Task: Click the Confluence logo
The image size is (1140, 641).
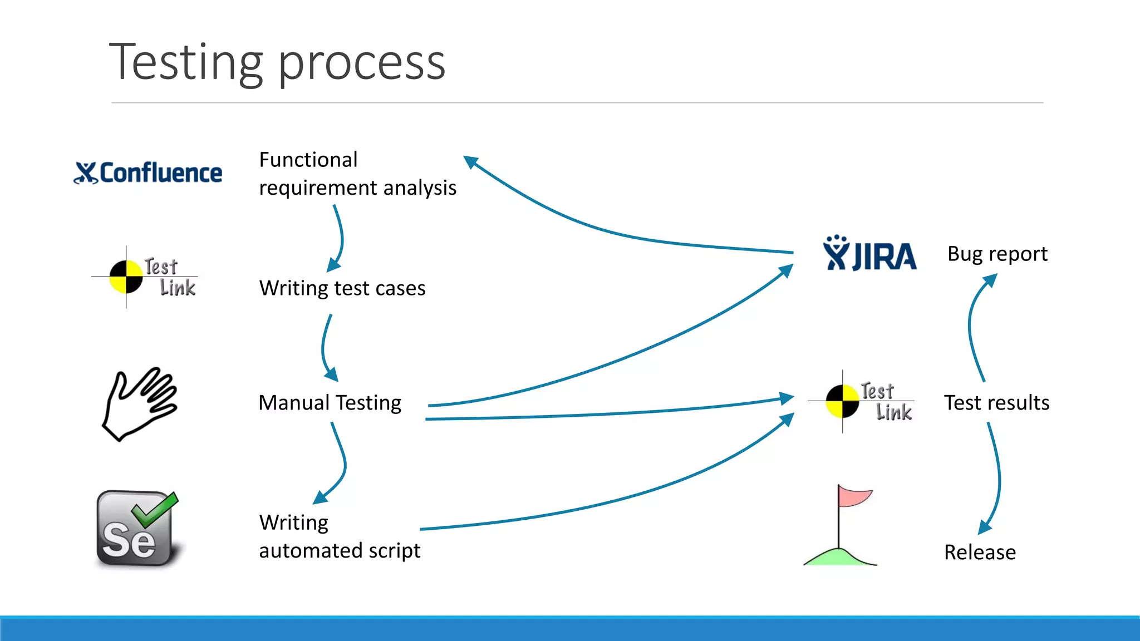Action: [148, 172]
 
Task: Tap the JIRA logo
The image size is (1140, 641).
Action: [869, 255]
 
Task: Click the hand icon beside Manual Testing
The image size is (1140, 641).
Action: [139, 404]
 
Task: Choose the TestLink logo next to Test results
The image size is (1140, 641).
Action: [861, 401]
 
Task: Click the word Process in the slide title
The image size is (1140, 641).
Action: [361, 63]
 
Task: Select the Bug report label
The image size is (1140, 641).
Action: [997, 254]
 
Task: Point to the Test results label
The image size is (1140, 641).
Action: [996, 402]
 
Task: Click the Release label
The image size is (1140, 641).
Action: [980, 552]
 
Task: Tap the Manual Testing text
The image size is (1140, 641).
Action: [330, 402]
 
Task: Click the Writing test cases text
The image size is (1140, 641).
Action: [342, 288]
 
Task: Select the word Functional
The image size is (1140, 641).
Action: [308, 160]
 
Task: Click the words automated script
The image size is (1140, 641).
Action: [340, 551]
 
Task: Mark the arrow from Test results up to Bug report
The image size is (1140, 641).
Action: [971, 328]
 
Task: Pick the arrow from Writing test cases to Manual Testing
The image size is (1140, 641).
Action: [324, 348]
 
